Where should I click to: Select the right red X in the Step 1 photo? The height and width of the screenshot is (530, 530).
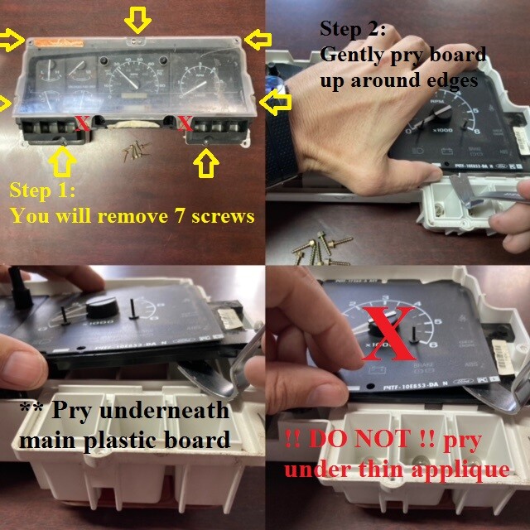(185, 124)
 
